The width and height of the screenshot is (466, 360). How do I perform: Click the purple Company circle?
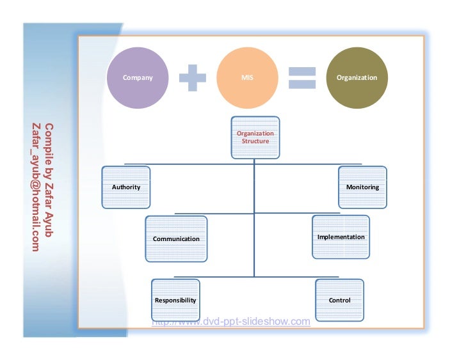click(138, 77)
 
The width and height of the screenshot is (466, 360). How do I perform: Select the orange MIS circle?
click(247, 77)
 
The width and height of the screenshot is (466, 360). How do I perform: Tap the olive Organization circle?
click(357, 77)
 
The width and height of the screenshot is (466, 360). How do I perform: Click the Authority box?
click(125, 187)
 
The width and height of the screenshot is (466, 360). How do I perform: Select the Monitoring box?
click(362, 187)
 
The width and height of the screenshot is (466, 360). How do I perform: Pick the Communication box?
click(176, 239)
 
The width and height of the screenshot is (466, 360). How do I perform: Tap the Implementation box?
click(341, 237)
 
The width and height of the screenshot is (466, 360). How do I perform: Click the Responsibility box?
click(175, 300)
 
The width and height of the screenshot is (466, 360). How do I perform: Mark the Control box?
click(339, 300)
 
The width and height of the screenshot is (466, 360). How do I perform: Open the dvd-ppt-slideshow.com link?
click(230, 321)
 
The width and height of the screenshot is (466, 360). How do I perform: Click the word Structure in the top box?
click(255, 141)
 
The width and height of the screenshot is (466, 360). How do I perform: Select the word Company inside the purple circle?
click(138, 77)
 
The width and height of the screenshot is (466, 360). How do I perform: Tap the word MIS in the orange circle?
click(247, 77)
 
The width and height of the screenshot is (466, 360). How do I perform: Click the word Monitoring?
click(362, 187)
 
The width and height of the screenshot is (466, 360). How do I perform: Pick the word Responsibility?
click(175, 300)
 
